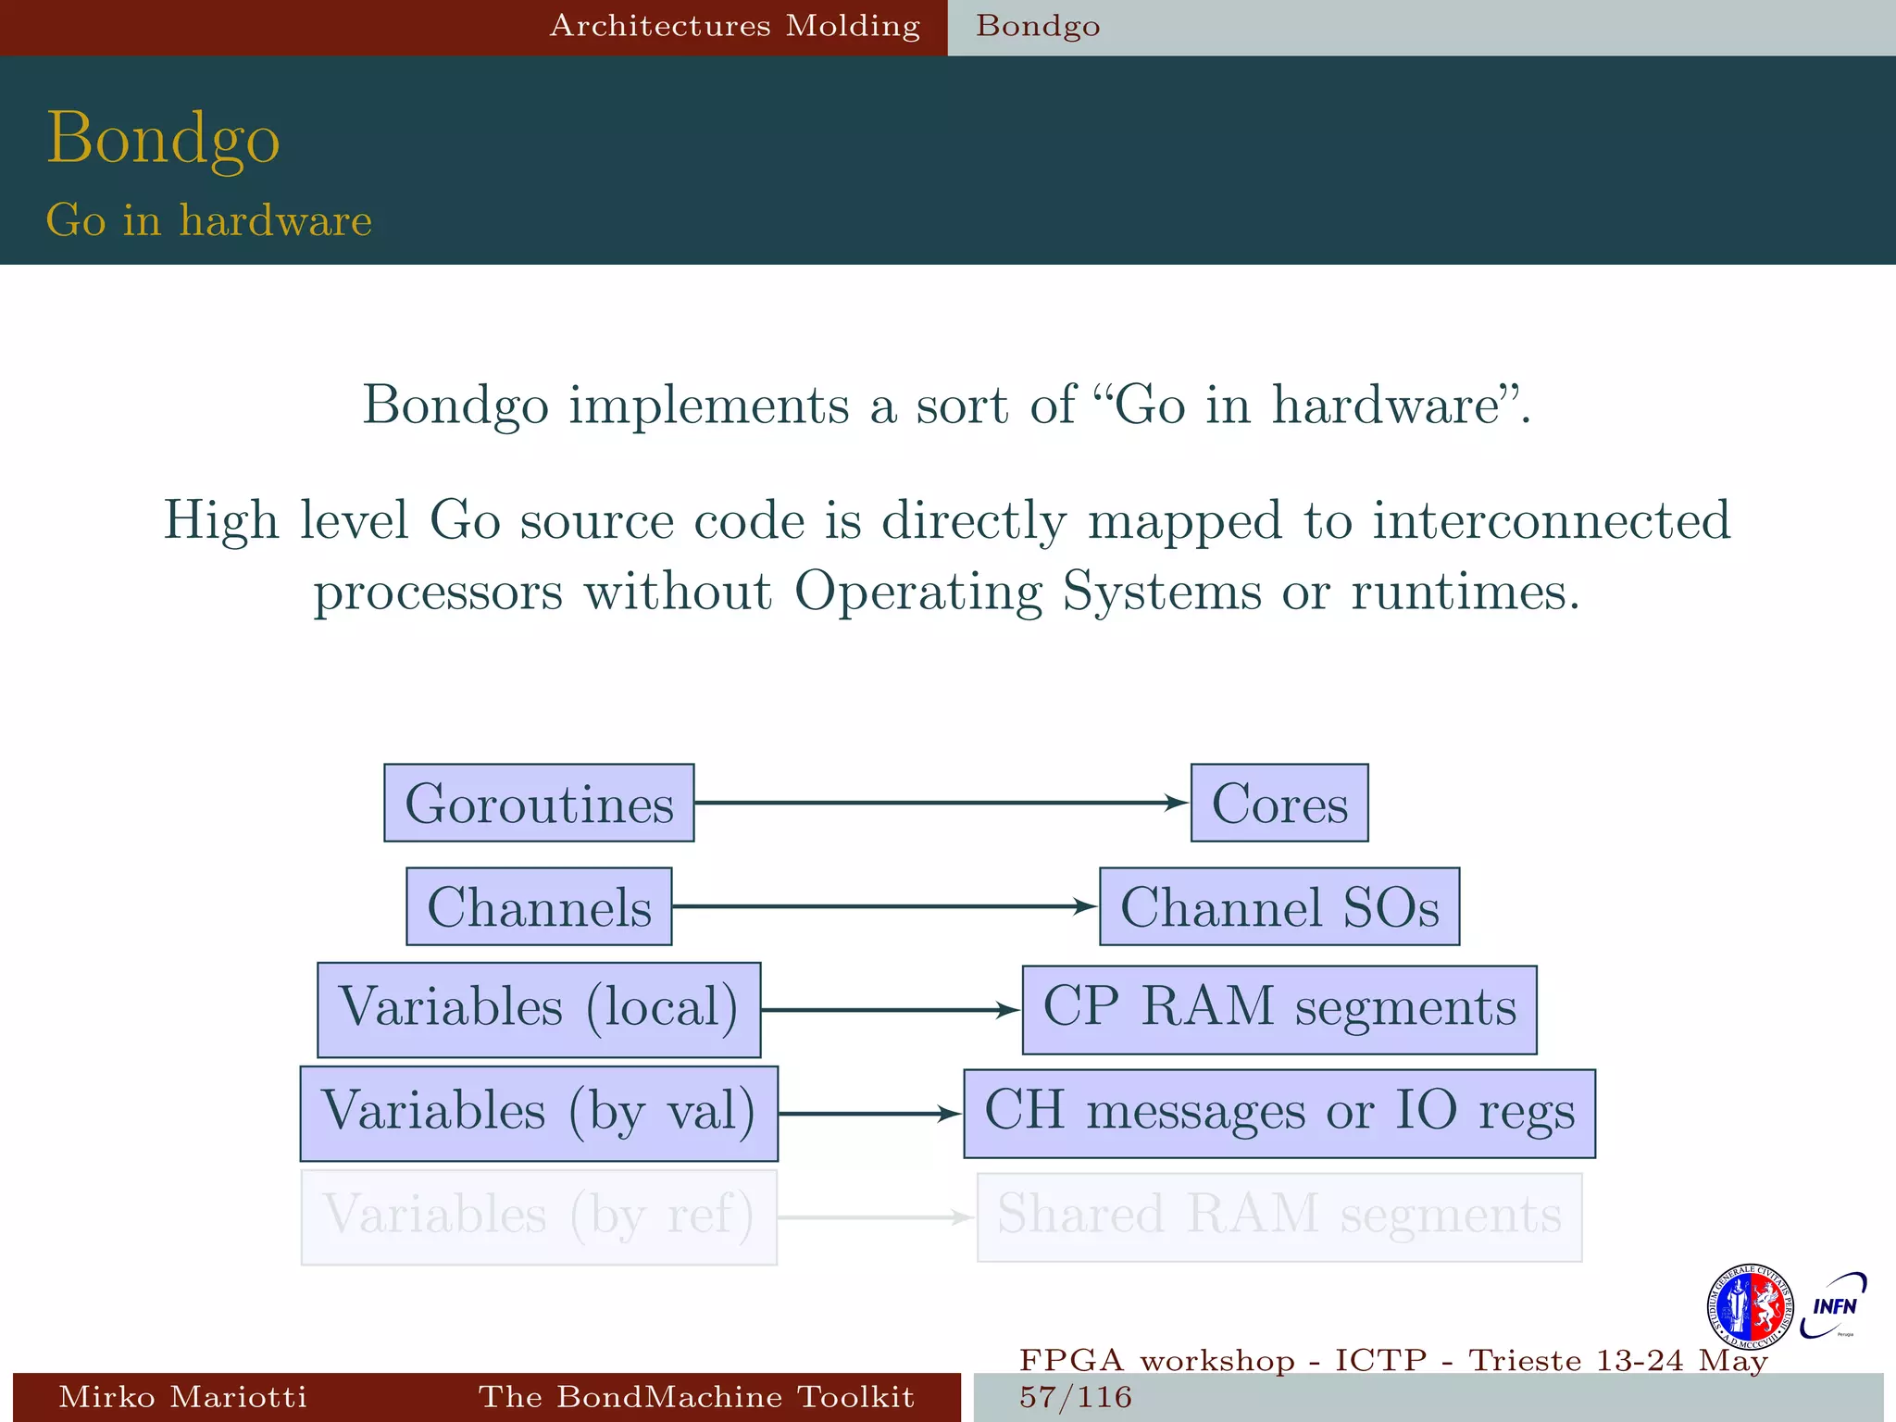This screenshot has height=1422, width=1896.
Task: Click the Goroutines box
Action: [x=539, y=803]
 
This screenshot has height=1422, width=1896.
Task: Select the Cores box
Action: [x=1279, y=803]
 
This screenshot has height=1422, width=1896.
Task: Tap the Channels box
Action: [x=539, y=906]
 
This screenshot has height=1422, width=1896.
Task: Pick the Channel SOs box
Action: [x=1279, y=906]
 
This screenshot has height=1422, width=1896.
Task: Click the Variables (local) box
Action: [x=539, y=1009]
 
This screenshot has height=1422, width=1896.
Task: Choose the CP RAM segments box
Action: [x=1279, y=1009]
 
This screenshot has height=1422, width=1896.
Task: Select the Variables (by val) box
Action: [x=539, y=1113]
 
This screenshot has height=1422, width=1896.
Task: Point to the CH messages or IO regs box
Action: [x=1279, y=1113]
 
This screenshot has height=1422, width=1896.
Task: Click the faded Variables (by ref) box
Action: [x=539, y=1216]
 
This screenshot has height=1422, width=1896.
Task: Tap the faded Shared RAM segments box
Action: [x=1279, y=1216]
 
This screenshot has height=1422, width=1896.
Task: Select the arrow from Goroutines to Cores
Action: [x=940, y=803]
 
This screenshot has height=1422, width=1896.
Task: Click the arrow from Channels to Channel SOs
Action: [x=884, y=906]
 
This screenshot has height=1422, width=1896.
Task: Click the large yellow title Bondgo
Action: [x=163, y=139]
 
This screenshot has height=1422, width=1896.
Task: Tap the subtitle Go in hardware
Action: [x=209, y=220]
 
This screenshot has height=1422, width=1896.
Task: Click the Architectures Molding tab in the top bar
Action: [x=735, y=26]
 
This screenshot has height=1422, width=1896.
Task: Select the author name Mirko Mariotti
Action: [x=182, y=1396]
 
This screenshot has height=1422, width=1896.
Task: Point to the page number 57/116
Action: [x=1076, y=1396]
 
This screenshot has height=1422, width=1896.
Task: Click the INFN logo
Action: [x=1833, y=1306]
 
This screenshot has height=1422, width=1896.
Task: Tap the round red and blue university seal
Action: [x=1749, y=1307]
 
